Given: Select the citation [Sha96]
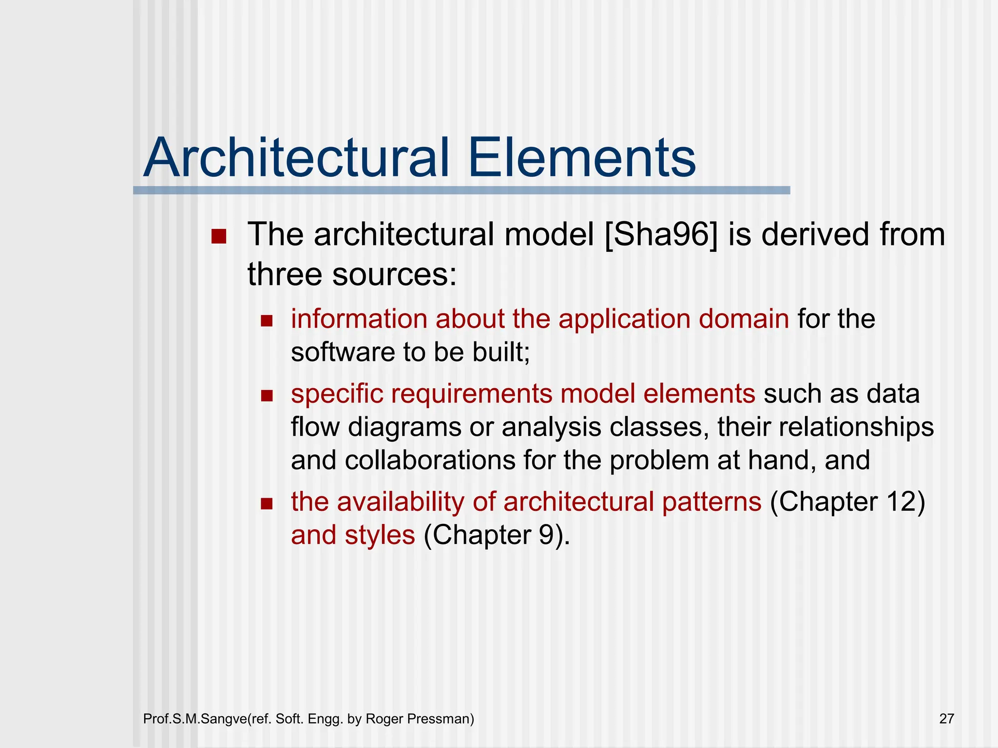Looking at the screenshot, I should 661,235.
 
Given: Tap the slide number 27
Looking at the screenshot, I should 946,719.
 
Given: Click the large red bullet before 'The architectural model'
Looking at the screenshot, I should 219,237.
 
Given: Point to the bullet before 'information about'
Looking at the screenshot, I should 267,321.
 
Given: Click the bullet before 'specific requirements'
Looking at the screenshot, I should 267,395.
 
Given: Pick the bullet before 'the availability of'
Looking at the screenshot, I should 267,504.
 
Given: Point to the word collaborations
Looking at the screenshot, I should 430,461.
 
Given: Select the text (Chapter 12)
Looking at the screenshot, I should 847,502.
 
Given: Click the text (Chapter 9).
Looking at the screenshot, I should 496,536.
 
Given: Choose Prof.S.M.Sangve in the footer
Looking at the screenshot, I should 195,719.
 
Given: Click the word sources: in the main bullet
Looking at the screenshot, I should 395,275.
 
